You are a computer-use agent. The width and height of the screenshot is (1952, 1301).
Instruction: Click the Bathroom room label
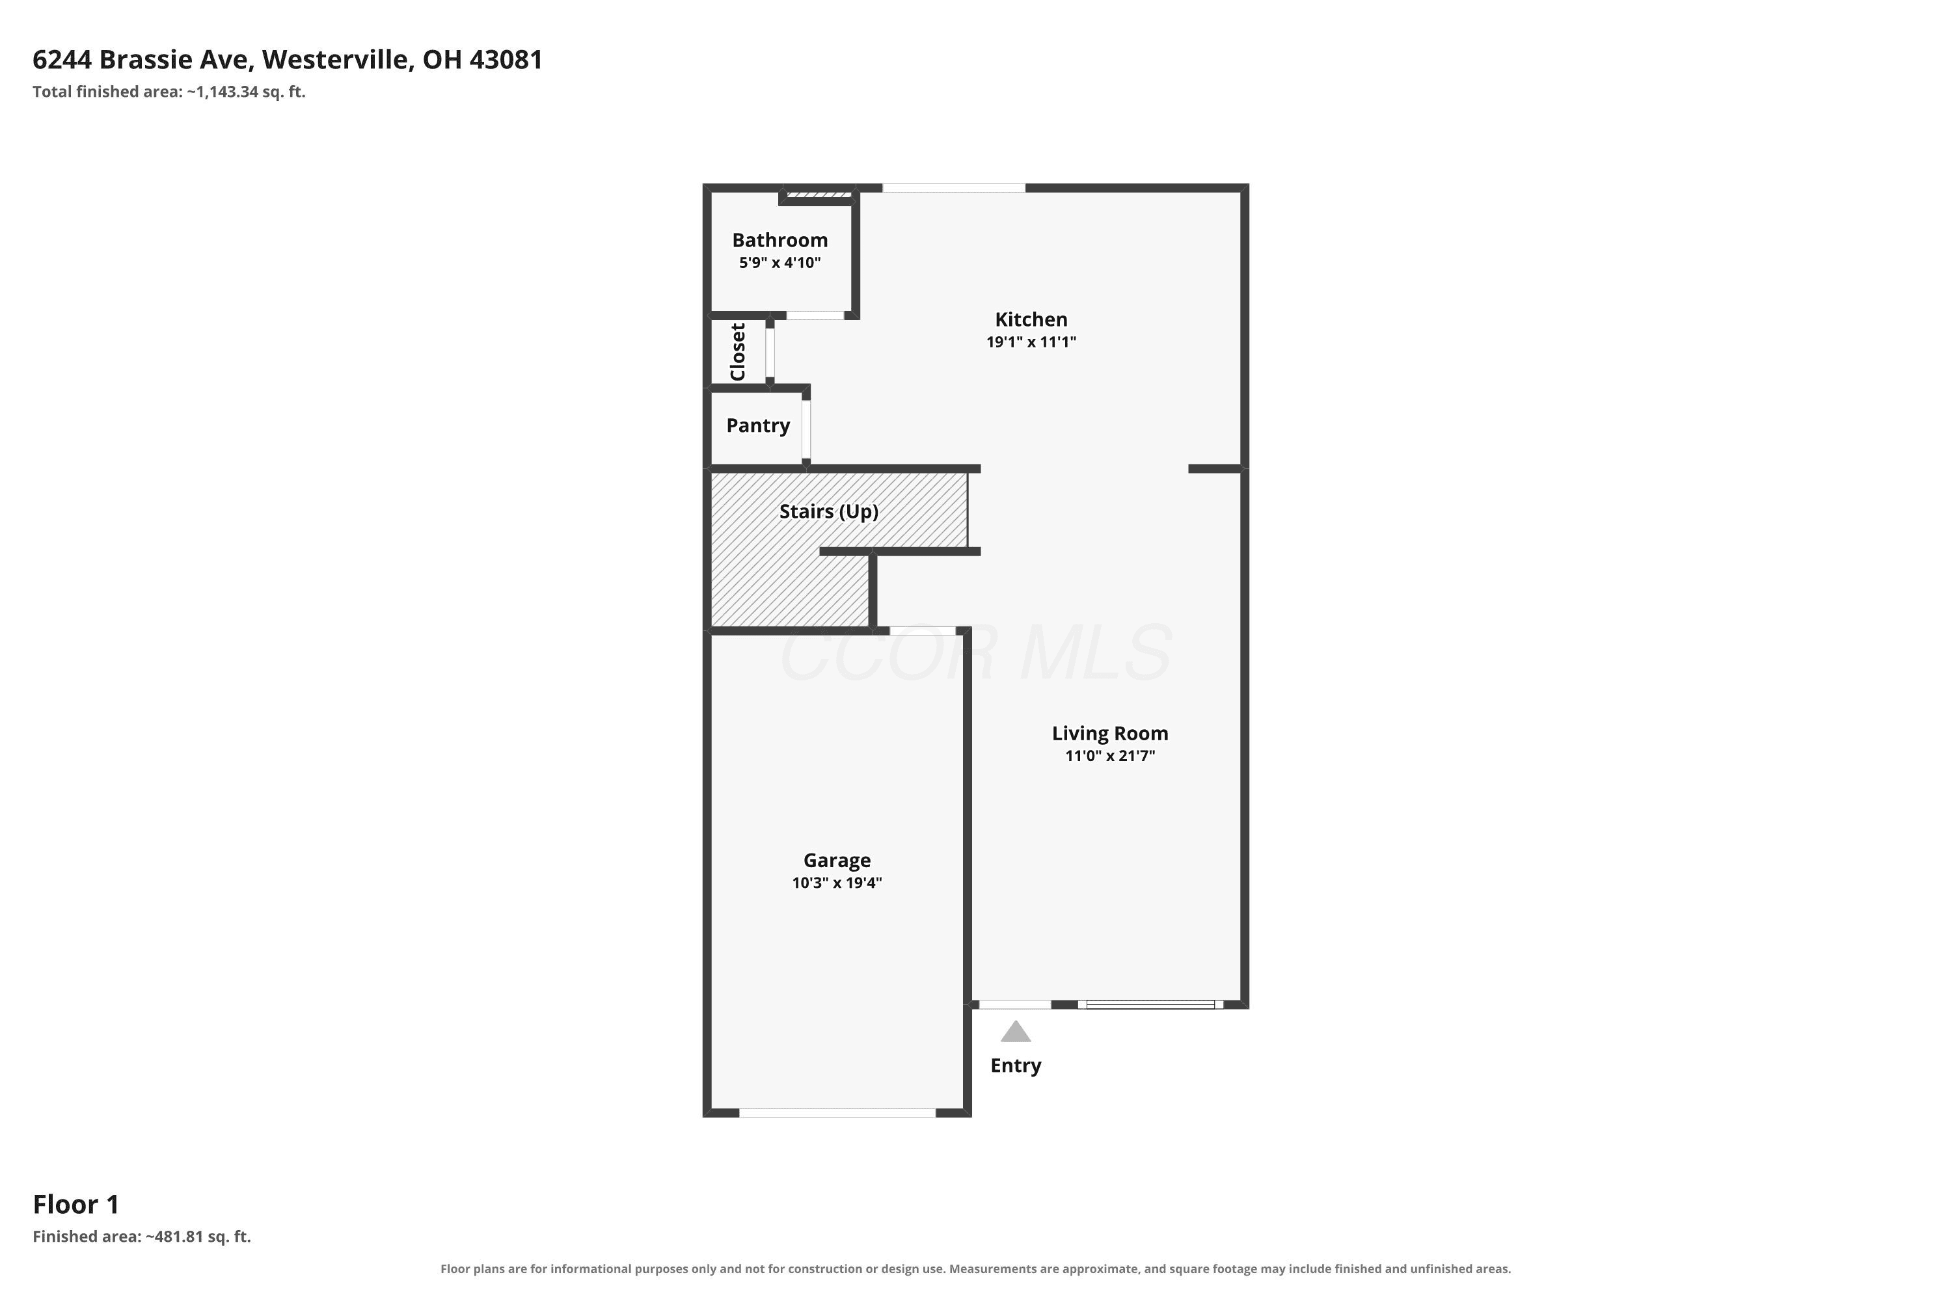coord(779,241)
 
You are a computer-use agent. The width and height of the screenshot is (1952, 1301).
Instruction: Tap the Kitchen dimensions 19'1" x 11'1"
coord(1031,342)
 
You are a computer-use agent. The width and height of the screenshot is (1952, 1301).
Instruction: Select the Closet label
coord(738,352)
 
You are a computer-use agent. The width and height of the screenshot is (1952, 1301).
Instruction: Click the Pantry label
coord(758,425)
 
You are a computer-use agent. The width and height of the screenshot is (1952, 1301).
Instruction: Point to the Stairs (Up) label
coord(828,511)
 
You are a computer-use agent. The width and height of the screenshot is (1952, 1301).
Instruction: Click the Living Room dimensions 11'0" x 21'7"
coord(1109,756)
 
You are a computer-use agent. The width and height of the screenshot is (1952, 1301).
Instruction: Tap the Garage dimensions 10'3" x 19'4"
coord(837,883)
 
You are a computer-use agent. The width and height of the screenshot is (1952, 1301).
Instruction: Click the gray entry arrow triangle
coord(1015,1032)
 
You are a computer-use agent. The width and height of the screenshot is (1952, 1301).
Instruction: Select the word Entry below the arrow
coord(1015,1066)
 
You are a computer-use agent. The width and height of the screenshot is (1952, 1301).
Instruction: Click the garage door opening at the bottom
coord(837,1112)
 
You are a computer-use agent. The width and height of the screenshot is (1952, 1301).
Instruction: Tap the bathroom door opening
coord(815,315)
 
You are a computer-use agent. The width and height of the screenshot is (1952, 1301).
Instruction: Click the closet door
coord(770,353)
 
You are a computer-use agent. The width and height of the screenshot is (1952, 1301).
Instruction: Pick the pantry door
coord(806,429)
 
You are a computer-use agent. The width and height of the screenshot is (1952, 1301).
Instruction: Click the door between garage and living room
coord(922,630)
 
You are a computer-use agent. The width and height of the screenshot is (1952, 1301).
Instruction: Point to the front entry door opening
coord(1015,1005)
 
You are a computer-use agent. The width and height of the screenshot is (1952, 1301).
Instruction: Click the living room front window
coord(1150,1005)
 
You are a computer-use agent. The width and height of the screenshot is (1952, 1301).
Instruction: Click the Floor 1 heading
coord(76,1204)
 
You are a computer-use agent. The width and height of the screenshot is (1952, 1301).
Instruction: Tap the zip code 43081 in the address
coord(506,60)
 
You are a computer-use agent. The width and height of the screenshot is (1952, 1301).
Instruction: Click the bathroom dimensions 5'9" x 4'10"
coord(779,263)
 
